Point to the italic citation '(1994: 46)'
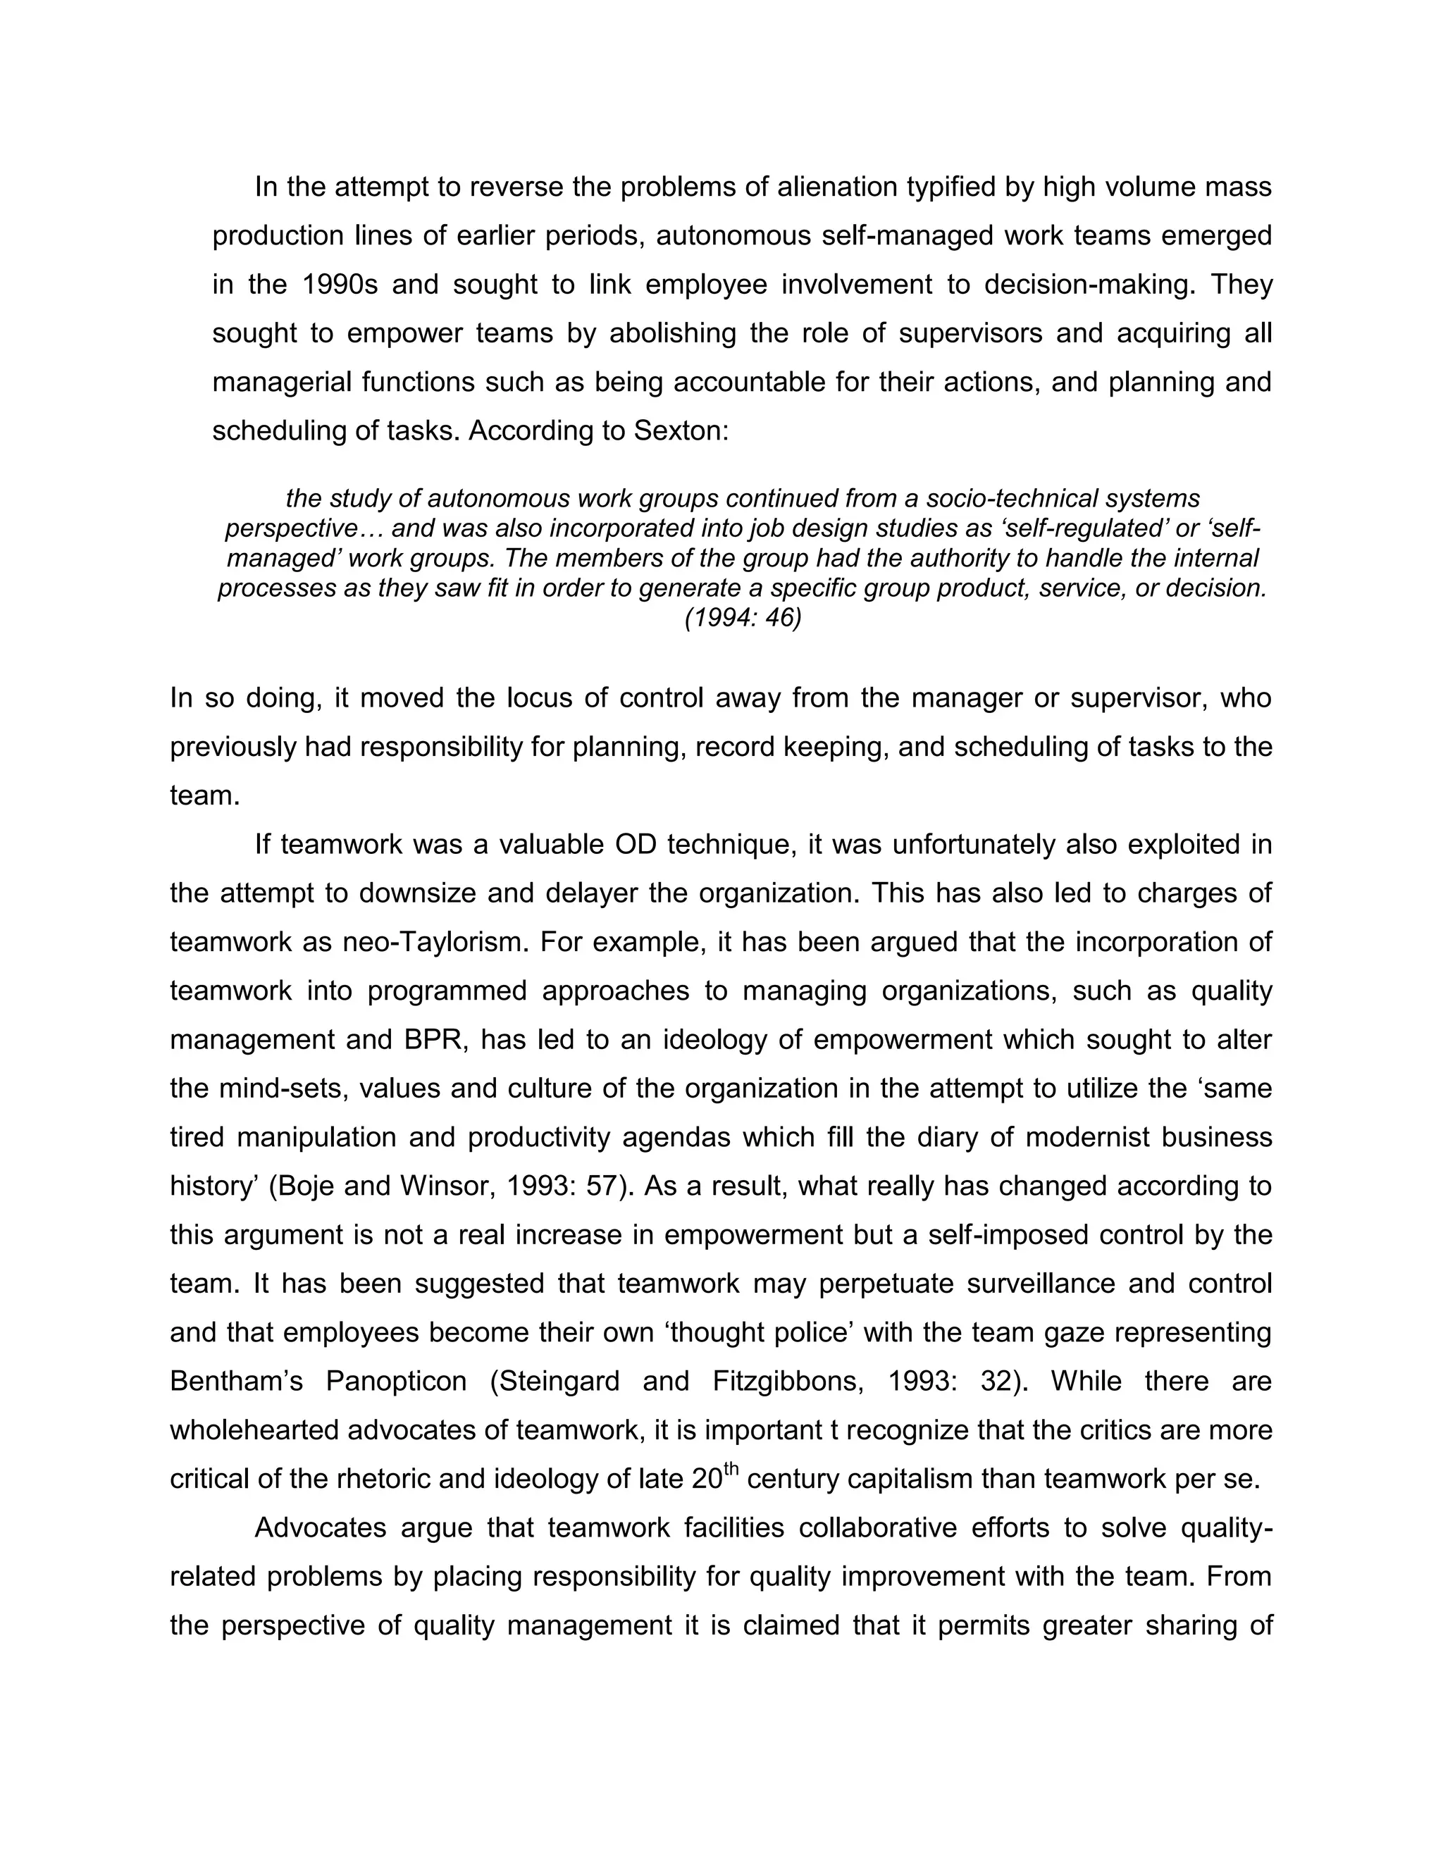742,619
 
